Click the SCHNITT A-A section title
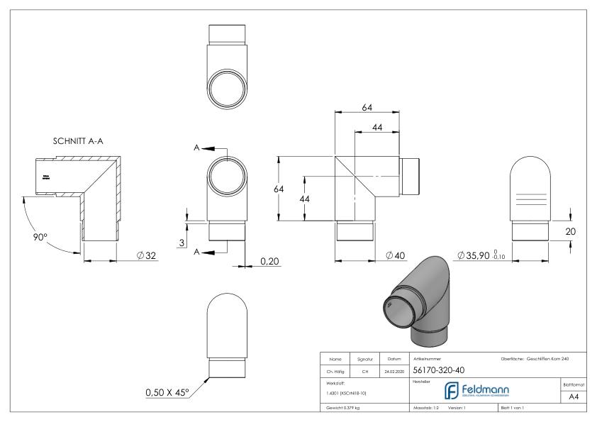79,140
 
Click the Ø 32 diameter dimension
145,255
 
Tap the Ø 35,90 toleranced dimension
479,255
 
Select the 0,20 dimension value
269,262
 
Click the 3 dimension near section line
183,243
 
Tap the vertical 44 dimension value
305,199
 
